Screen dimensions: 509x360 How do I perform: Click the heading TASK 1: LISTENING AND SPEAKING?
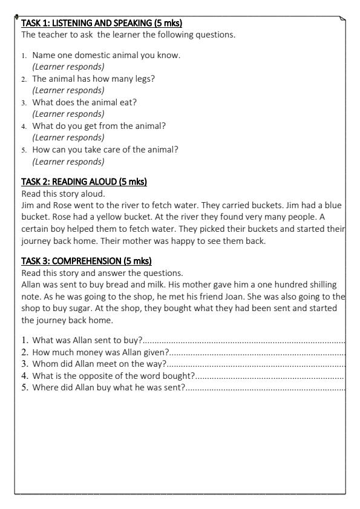coord(102,24)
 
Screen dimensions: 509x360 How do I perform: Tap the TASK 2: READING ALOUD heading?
coord(84,182)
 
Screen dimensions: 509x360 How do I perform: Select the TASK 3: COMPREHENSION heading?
coord(86,261)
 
